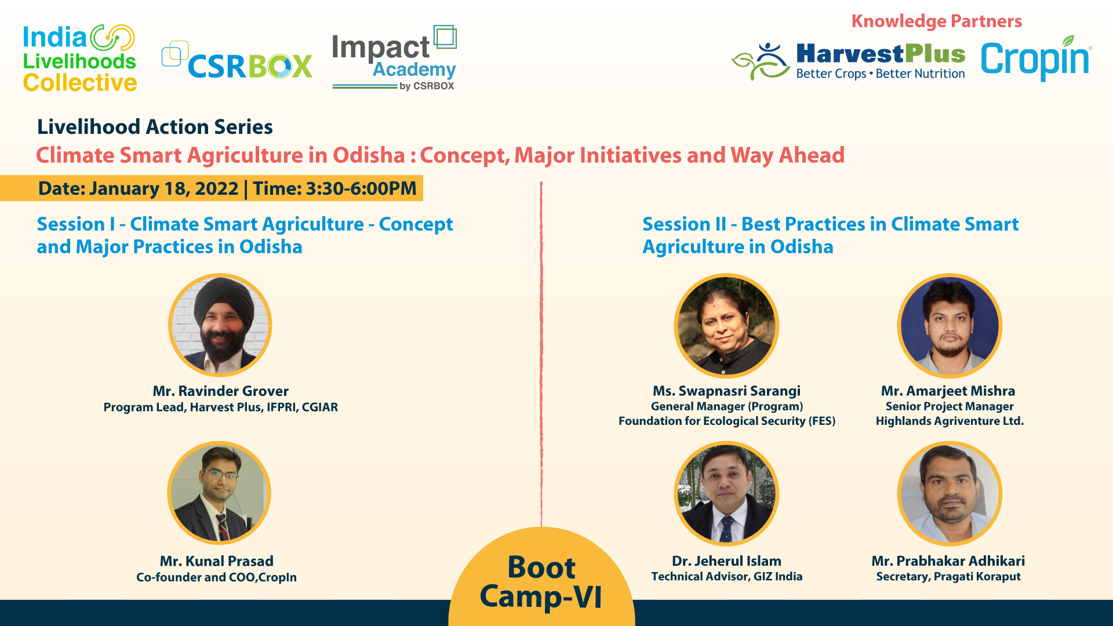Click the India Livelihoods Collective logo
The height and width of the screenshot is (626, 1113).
point(79,59)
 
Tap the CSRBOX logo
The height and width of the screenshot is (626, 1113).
point(237,61)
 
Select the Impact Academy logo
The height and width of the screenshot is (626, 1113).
point(394,58)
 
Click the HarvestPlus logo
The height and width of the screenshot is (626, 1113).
point(849,61)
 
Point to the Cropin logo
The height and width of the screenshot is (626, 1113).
point(1036,59)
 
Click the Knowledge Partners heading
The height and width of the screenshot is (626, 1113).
point(936,21)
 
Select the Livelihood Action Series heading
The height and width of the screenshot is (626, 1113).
point(155,127)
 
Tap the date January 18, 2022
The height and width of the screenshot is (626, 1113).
point(163,188)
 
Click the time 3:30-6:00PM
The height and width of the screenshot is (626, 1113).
point(361,188)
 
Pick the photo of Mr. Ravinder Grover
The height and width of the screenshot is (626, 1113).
point(220,325)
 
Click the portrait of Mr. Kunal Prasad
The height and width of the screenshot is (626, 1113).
point(219,493)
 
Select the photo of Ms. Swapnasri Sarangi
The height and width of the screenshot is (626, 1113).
point(726,326)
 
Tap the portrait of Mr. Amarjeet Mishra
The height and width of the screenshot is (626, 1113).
point(950,326)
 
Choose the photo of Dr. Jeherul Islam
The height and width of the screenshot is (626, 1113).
point(726,494)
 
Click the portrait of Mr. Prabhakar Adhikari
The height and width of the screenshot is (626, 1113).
point(950,494)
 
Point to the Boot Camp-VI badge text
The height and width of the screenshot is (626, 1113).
point(541,582)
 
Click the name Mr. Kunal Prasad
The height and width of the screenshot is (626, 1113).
point(216,561)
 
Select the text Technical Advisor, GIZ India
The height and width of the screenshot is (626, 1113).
point(726,577)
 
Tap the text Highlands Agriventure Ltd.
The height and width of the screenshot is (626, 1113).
point(950,421)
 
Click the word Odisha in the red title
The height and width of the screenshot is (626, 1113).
point(369,155)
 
